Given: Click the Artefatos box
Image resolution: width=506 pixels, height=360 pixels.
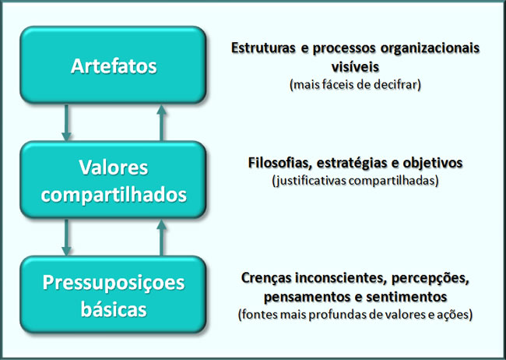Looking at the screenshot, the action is (113, 65).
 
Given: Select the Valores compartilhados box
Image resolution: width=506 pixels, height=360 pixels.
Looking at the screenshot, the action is (113, 180).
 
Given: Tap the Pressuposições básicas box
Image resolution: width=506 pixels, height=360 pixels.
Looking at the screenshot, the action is (113, 295).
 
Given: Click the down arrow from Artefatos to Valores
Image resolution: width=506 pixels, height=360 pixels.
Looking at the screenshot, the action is (66, 123).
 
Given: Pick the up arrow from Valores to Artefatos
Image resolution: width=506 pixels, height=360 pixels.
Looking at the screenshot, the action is (161, 123).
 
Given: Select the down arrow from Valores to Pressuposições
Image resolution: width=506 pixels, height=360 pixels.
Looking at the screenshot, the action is (66, 238).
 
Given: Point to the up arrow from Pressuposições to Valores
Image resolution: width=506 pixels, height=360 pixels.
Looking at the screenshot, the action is (161, 238).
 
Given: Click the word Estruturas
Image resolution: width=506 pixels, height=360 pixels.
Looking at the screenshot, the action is (263, 48).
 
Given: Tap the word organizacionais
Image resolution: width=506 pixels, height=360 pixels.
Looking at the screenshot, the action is (430, 48).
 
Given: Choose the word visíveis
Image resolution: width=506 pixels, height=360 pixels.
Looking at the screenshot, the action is (355, 67).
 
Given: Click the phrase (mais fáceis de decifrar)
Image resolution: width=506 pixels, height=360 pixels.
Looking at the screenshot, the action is (355, 85).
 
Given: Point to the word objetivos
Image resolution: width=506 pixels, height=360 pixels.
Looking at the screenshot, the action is (432, 163).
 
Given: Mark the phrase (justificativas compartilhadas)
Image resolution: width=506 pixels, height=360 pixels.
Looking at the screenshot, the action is (355, 181).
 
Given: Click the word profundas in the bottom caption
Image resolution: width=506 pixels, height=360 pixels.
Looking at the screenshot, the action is (338, 315).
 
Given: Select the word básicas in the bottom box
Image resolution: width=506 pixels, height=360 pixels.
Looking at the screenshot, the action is (114, 309).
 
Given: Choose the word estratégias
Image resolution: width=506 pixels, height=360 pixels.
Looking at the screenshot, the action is (352, 163).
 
